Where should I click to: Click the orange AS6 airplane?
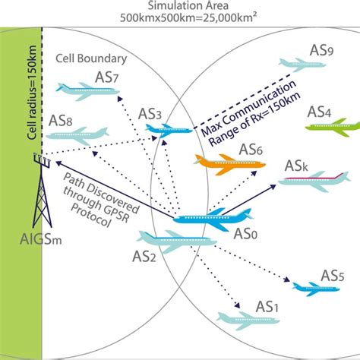point(229,164)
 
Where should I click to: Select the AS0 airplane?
point(213,218)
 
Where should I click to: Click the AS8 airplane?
point(77,135)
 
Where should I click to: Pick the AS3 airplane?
point(168,130)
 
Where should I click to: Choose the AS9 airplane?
point(302,65)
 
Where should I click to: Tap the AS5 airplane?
point(315,289)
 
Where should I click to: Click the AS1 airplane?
point(248,321)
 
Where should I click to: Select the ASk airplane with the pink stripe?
point(314,181)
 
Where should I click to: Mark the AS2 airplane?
point(176,241)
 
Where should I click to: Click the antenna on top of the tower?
point(42,160)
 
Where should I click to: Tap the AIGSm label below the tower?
point(40,239)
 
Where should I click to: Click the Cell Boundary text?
point(91,58)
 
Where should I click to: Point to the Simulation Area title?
point(188,5)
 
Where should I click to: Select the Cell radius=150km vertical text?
point(32,93)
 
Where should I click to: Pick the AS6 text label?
point(251,150)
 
